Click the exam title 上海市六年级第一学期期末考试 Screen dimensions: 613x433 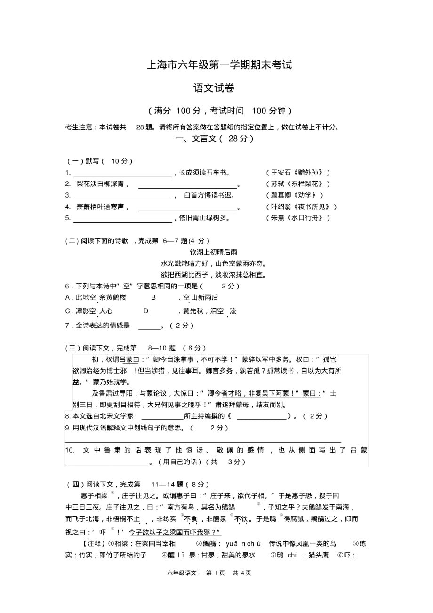point(219,65)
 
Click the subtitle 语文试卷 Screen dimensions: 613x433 point(214,88)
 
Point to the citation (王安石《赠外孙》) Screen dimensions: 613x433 point(298,173)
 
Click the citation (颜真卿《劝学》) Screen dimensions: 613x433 point(295,195)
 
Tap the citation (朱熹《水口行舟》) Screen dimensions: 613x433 point(298,218)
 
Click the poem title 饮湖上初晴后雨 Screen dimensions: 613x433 point(213,252)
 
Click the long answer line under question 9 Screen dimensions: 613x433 point(202,442)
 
